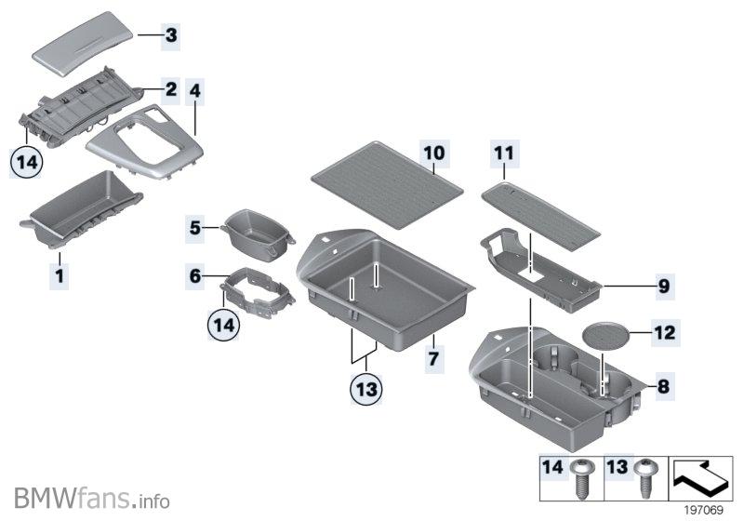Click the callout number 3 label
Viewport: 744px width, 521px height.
(170, 37)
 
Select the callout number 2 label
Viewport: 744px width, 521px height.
(170, 90)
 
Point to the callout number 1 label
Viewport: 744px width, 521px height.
(59, 275)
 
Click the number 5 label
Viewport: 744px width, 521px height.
(195, 226)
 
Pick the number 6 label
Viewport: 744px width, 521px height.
(195, 276)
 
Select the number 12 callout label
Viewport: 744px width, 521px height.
(665, 330)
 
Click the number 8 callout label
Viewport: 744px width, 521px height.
(663, 384)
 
